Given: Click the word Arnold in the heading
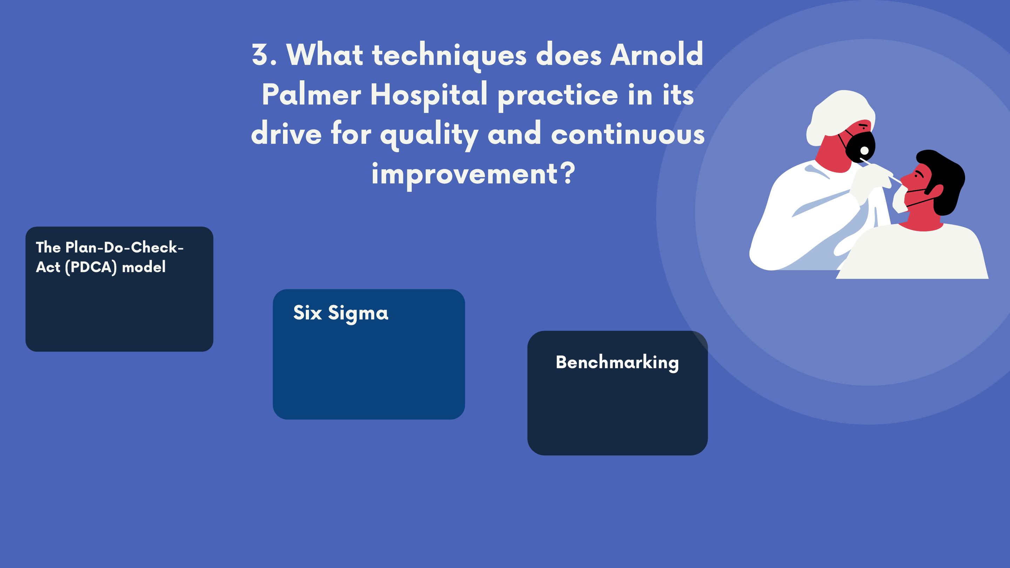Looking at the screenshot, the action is pyautogui.click(x=656, y=55).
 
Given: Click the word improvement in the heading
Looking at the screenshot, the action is pyautogui.click(x=464, y=174).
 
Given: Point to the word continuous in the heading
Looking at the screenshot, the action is pyautogui.click(x=628, y=134).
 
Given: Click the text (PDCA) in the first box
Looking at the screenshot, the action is pyautogui.click(x=91, y=267).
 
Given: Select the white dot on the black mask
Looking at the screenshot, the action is pyautogui.click(x=864, y=150).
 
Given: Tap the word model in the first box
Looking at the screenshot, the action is pyautogui.click(x=144, y=267).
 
